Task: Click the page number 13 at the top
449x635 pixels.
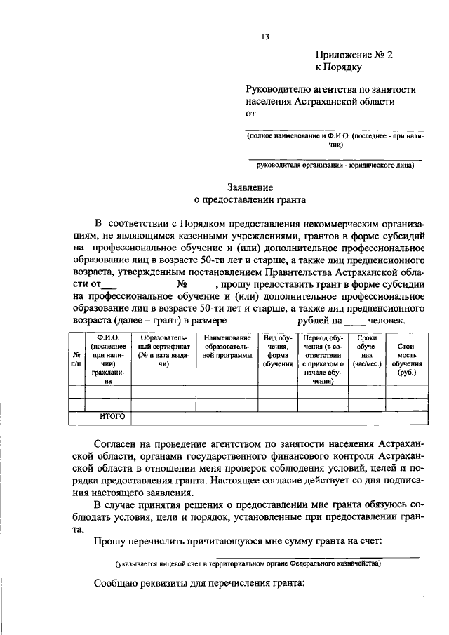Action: (x=265, y=37)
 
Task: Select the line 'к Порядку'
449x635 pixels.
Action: (x=338, y=68)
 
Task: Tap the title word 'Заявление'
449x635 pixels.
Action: (x=250, y=187)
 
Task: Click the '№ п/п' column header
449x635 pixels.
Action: (x=76, y=359)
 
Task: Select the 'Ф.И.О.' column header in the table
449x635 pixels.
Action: (x=107, y=359)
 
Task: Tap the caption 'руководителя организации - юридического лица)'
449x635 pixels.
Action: (x=336, y=166)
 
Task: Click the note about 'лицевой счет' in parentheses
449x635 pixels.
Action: (x=249, y=564)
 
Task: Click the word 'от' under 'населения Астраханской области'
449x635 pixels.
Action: (x=251, y=113)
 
